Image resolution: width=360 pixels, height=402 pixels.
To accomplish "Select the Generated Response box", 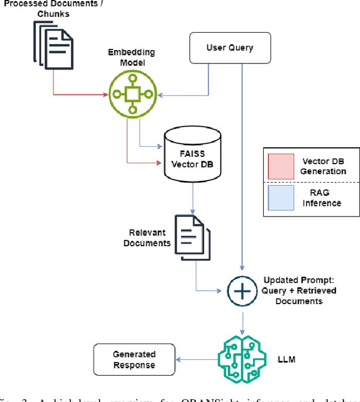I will coord(134,360).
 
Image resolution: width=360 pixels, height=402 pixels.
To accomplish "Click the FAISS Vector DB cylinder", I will coord(193,154).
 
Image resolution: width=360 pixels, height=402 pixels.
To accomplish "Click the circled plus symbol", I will coord(242,291).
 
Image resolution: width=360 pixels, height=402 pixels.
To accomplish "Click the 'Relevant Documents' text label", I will coord(147,238).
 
